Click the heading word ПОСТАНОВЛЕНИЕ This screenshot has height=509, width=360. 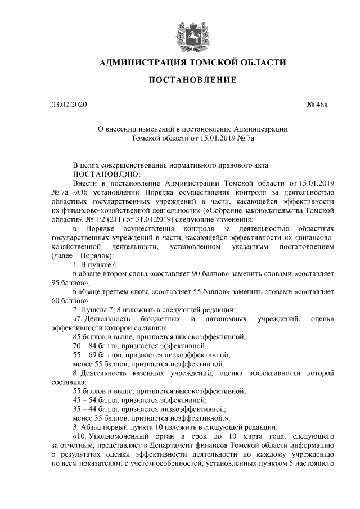point(192,81)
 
